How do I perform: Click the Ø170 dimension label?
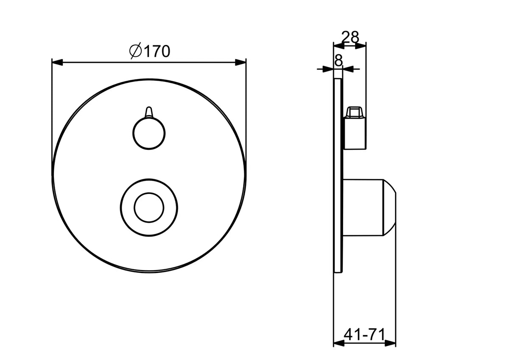pyautogui.click(x=150, y=51)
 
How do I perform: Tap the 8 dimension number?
pyautogui.click(x=338, y=60)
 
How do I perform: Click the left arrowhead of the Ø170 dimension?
pyautogui.click(x=57, y=62)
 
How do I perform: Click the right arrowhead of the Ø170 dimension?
pyautogui.click(x=241, y=62)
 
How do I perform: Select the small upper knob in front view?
pyautogui.click(x=149, y=133)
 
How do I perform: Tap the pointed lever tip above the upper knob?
pyautogui.click(x=149, y=112)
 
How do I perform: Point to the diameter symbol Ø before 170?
pyautogui.click(x=135, y=51)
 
